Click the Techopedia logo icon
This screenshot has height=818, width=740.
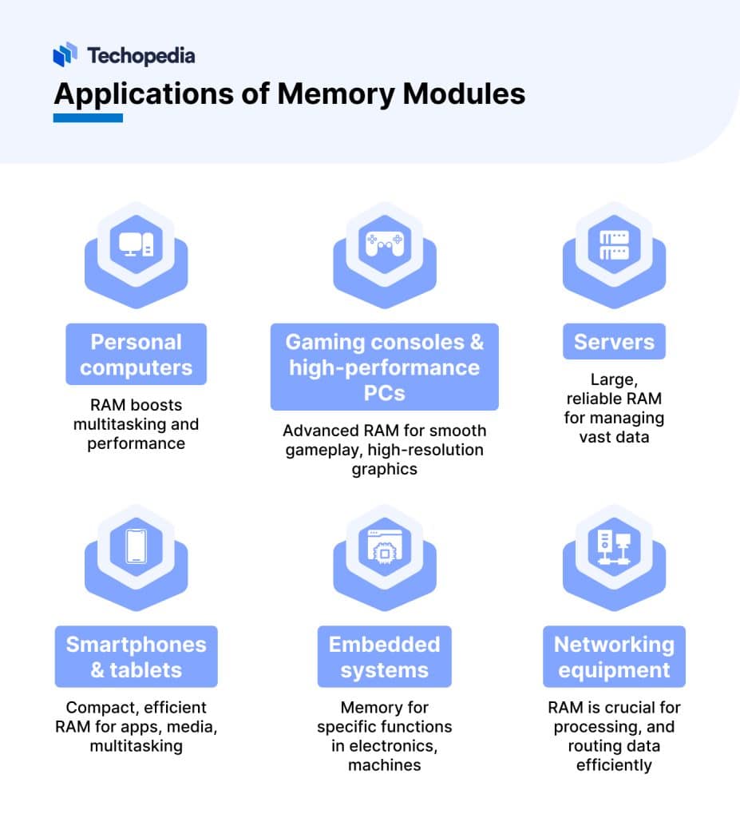65,54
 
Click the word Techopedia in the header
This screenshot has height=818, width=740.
140,55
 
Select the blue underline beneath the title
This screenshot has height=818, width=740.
88,117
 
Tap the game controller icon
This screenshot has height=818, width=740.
384,244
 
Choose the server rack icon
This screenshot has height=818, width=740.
614,244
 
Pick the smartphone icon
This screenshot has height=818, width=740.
136,546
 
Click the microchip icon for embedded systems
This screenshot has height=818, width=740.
384,548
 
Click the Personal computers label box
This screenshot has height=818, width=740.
136,355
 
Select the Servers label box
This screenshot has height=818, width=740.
614,342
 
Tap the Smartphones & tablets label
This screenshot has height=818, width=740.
136,657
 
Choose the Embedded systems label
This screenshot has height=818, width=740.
384,657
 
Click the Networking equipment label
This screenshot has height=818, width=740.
614,657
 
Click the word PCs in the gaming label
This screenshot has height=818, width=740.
384,393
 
